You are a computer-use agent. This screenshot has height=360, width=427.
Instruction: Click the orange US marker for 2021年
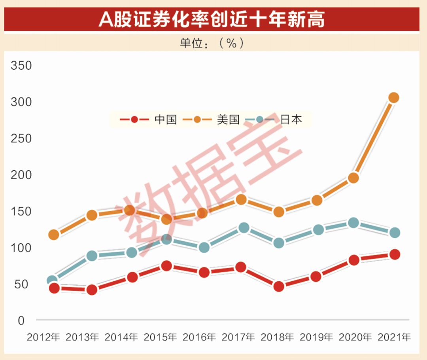pyautogui.click(x=393, y=98)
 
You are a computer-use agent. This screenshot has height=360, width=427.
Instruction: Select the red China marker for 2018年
pyautogui.click(x=279, y=286)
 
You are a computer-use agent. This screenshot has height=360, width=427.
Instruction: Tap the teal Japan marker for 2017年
pyautogui.click(x=244, y=228)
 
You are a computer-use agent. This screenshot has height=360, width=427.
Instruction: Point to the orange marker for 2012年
pyautogui.click(x=54, y=235)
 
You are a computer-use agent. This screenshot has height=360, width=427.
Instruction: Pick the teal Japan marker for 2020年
pyautogui.click(x=354, y=223)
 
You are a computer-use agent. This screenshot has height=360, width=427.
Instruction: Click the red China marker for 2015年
pyautogui.click(x=167, y=266)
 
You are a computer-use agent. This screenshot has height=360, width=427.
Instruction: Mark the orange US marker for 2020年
pyautogui.click(x=354, y=178)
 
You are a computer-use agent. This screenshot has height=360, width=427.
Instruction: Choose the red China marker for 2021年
pyautogui.click(x=394, y=254)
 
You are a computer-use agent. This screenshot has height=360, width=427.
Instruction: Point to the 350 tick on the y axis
pyautogui.click(x=21, y=66)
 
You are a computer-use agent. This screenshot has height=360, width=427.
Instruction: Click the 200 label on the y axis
pyautogui.click(x=21, y=175)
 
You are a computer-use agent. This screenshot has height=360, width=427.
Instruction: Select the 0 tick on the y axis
pyautogui.click(x=21, y=320)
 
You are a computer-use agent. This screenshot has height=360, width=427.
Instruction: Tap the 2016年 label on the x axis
pyautogui.click(x=199, y=337)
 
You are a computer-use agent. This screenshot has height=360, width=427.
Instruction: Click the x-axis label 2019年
pyautogui.click(x=317, y=337)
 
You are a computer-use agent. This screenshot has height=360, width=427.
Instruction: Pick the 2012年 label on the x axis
pyautogui.click(x=43, y=337)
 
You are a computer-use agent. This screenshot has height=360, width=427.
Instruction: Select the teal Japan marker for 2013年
pyautogui.click(x=92, y=256)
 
